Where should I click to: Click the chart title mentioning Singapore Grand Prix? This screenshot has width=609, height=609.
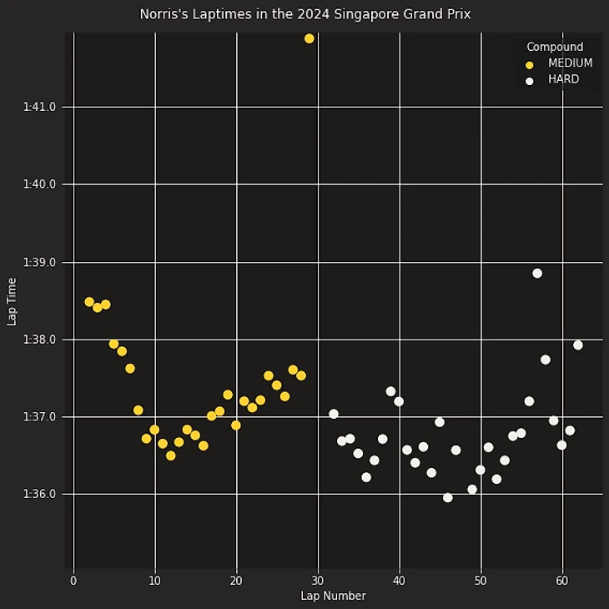[304, 15]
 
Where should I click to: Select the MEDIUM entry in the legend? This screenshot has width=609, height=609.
[570, 63]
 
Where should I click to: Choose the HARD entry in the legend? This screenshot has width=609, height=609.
[563, 80]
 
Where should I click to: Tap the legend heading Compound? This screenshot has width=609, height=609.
[555, 48]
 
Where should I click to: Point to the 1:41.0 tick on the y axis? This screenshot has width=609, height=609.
[40, 107]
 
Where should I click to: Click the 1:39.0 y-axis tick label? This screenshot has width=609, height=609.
[40, 262]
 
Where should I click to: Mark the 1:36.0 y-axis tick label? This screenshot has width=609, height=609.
[40, 495]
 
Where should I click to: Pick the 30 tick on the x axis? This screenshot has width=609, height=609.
[318, 580]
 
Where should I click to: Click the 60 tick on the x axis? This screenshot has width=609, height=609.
[561, 580]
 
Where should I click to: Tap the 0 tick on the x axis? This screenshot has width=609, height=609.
[73, 580]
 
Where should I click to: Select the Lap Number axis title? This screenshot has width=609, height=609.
[333, 596]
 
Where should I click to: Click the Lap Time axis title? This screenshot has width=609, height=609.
[12, 301]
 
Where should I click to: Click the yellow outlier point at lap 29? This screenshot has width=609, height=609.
[310, 38]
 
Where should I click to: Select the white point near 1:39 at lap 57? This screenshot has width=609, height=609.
[537, 274]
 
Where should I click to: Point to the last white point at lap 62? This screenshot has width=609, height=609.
[578, 345]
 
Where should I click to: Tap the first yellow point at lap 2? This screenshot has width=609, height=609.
[89, 302]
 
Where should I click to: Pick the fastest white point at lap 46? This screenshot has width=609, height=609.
[448, 498]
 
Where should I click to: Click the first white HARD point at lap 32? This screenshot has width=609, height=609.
[334, 414]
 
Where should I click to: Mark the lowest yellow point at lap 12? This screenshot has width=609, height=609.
[171, 455]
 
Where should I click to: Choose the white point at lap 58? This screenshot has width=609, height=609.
[546, 360]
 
